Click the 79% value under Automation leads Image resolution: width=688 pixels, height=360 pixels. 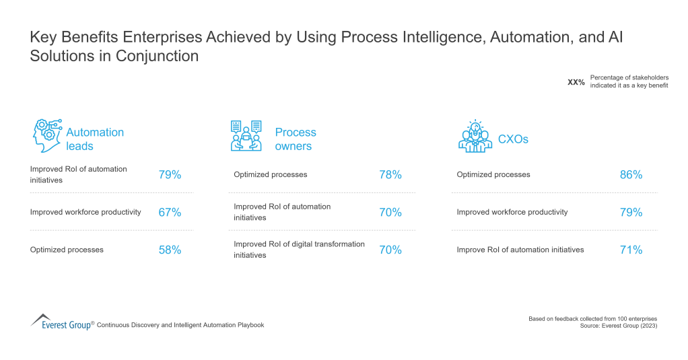coord(170,175)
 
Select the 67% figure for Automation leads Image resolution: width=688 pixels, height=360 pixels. coord(170,213)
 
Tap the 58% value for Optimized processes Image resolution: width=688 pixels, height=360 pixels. coord(170,250)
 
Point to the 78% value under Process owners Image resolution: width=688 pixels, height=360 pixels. coord(390,175)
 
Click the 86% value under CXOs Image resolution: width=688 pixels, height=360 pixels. coord(631,175)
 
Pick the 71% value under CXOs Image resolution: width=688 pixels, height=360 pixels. coord(631,250)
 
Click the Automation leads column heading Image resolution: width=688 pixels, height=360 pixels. coord(95,139)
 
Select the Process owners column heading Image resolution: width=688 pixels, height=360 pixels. coord(296,139)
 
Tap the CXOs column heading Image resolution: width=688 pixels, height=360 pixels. coord(513,139)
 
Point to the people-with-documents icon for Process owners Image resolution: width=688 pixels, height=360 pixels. coord(246,135)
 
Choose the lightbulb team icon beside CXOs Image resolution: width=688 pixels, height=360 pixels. coord(475,136)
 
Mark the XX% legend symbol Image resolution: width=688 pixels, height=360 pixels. coord(576,82)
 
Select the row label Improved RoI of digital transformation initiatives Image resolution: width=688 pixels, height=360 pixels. coord(299,250)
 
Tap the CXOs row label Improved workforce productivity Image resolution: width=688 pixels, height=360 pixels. coord(512,212)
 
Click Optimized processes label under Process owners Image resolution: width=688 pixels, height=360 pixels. coord(270,175)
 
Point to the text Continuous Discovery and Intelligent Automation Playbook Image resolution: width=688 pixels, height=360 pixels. coord(180,325)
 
